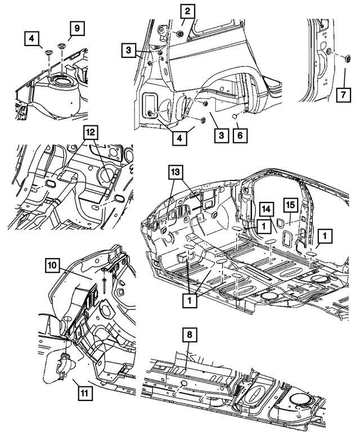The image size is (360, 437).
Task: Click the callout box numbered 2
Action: [x=187, y=11]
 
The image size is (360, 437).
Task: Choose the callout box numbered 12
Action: [x=91, y=132]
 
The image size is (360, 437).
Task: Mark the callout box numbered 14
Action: [x=265, y=210]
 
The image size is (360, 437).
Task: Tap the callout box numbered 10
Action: [x=53, y=264]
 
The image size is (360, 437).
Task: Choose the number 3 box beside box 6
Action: [x=221, y=136]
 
